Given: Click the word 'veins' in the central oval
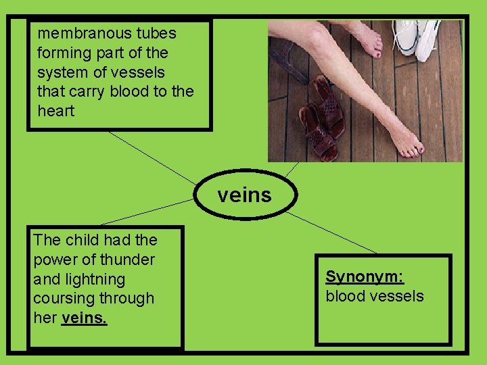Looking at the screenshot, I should [244, 196].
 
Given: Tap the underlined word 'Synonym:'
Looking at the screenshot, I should [365, 276].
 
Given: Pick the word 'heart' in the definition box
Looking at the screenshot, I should [56, 111].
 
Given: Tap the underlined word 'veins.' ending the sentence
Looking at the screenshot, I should [84, 318].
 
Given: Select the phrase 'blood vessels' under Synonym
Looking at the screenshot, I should [375, 296].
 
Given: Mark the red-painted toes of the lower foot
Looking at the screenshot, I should [413, 149].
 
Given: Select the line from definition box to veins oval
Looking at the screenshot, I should [152, 157].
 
